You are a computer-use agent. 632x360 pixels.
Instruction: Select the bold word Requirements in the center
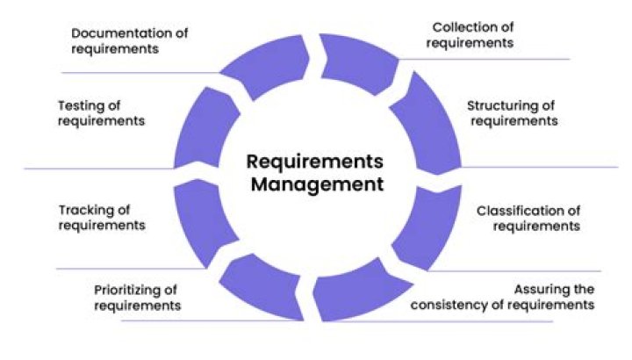point(315,162)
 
